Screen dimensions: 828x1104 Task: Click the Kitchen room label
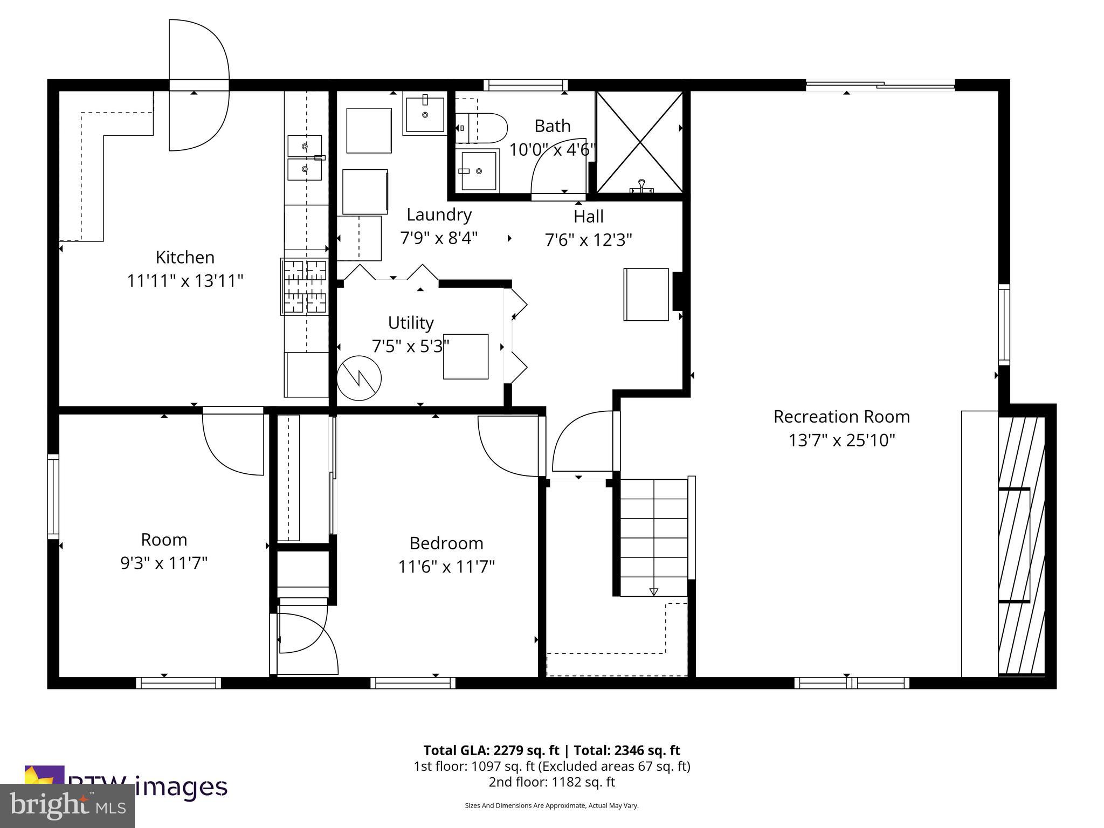[x=185, y=257]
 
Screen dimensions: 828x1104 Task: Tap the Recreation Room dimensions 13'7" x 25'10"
[x=841, y=440]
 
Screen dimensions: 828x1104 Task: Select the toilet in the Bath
[x=481, y=128]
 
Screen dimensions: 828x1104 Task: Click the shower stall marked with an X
[x=639, y=142]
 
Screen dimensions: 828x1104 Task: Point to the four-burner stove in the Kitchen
[x=305, y=286]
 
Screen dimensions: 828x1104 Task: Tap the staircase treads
[x=653, y=536]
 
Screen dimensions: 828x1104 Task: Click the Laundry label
[x=439, y=215]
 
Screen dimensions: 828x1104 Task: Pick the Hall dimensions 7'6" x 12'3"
[x=588, y=239]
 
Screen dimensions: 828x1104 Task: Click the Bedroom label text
[x=446, y=543]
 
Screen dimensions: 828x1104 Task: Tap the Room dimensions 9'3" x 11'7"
[x=164, y=563]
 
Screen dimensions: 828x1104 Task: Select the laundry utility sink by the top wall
[x=425, y=114]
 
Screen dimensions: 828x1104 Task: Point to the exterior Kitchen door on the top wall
[x=199, y=85]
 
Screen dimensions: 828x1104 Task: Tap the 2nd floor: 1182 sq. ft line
[x=551, y=782]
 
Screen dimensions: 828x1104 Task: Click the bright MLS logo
[x=67, y=806]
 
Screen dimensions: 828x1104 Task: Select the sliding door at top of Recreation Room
[x=880, y=84]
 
